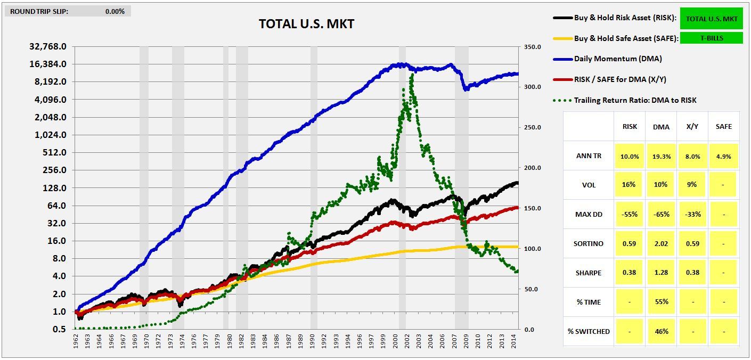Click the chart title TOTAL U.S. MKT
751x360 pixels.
(x=306, y=24)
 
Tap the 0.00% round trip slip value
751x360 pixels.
(x=115, y=11)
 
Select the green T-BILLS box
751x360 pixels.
(x=711, y=38)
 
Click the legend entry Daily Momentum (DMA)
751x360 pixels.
(x=618, y=59)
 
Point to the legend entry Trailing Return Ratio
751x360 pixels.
(x=635, y=100)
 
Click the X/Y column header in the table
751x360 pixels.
(x=692, y=127)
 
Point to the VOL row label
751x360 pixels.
(x=589, y=185)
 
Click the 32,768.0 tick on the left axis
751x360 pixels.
(x=48, y=46)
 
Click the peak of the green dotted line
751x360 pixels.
(x=412, y=75)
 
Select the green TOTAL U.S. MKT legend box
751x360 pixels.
(x=711, y=19)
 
